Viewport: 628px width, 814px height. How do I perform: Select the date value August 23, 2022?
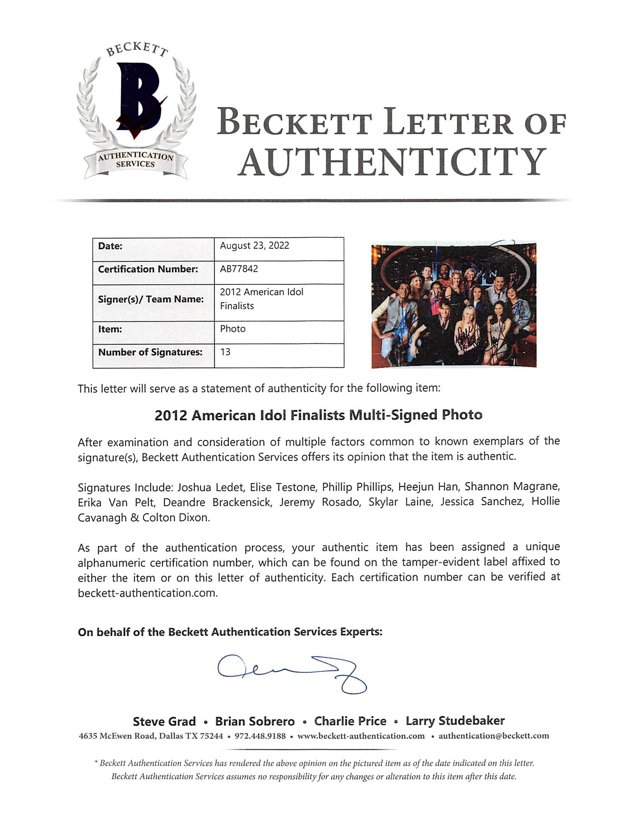point(254,245)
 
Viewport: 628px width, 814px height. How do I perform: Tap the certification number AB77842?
point(239,269)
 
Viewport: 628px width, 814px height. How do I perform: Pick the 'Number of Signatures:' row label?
point(150,352)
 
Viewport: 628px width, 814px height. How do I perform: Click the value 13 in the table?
point(226,352)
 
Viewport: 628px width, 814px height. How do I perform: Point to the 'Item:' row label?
point(110,329)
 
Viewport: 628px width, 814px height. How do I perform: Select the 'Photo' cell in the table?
point(233,329)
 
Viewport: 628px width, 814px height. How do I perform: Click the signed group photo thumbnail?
point(454,305)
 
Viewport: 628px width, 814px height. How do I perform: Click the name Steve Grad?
point(164,721)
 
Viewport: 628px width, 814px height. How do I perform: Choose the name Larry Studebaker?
point(455,721)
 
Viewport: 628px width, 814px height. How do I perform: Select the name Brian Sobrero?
point(255,721)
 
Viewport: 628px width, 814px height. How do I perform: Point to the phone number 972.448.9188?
point(260,736)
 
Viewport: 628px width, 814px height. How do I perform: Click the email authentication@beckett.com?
point(494,736)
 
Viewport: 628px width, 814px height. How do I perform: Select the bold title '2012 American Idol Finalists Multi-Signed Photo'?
point(318,415)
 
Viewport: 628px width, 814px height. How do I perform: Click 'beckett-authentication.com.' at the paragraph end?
point(148,593)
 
